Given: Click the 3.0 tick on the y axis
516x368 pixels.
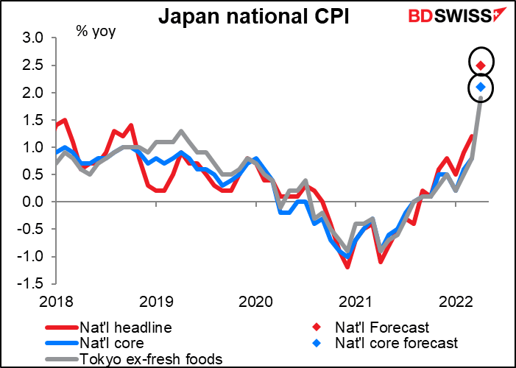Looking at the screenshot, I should tap(35, 38).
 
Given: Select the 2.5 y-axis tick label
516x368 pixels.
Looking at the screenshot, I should tap(35, 66).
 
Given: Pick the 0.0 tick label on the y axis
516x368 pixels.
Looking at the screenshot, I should tap(35, 202).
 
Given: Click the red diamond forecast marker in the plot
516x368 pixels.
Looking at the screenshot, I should tap(481, 66).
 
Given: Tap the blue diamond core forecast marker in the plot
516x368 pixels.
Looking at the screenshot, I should tap(481, 88).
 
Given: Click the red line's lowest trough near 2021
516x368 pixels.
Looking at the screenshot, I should tap(347, 266).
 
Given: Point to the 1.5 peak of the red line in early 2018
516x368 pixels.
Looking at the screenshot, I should tap(65, 120).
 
